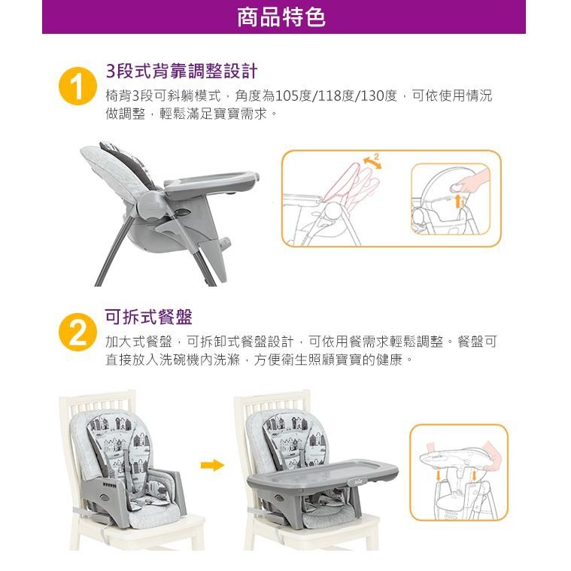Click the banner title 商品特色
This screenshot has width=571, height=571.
pyautogui.click(x=281, y=17)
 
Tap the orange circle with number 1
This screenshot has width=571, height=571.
pyautogui.click(x=77, y=87)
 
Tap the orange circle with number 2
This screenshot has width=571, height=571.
pyautogui.click(x=77, y=332)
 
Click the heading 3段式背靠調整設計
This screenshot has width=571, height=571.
pyautogui.click(x=182, y=71)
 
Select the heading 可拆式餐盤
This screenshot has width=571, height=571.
pyautogui.click(x=148, y=317)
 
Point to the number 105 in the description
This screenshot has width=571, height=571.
pyautogui.click(x=286, y=96)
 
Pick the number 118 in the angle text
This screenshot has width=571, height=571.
pyautogui.click(x=330, y=96)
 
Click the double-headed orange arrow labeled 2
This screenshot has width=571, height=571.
pyautogui.click(x=372, y=162)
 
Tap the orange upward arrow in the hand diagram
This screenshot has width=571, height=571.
pyautogui.click(x=458, y=201)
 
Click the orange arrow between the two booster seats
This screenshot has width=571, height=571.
pyautogui.click(x=212, y=465)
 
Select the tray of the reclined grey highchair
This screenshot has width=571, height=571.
pyautogui.click(x=211, y=182)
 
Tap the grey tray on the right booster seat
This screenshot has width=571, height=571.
pyautogui.click(x=322, y=475)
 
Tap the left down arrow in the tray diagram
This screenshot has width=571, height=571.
pyautogui.click(x=439, y=475)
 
